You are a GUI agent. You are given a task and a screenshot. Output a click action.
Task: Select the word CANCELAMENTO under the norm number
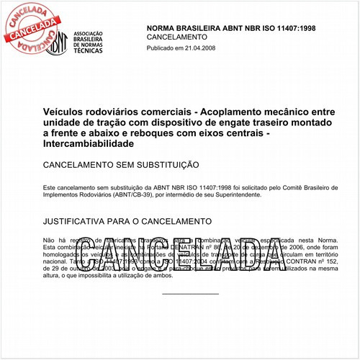point(177,36)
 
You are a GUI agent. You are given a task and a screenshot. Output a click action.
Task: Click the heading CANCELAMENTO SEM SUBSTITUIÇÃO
point(121,165)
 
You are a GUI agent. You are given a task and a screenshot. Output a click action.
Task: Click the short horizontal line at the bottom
point(190,294)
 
